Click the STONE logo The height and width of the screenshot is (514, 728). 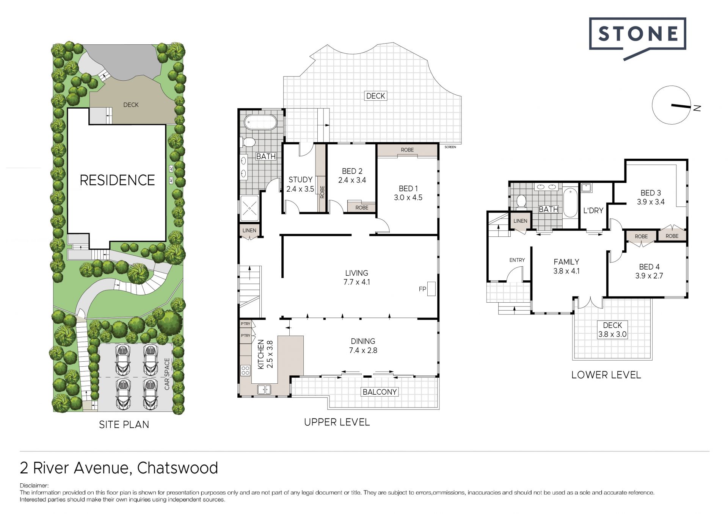pyautogui.click(x=637, y=38)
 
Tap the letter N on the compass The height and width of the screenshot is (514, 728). pyautogui.click(x=697, y=108)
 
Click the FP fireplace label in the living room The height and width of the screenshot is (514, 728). pyautogui.click(x=422, y=289)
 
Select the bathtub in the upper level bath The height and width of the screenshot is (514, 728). pyautogui.click(x=260, y=122)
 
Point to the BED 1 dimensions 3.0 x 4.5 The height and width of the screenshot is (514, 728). pyautogui.click(x=408, y=197)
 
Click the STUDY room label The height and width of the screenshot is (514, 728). pyautogui.click(x=300, y=180)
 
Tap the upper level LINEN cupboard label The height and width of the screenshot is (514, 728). pyautogui.click(x=249, y=230)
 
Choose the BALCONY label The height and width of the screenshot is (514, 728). pyautogui.click(x=380, y=392)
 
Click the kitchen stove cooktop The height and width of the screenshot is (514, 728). pyautogui.click(x=245, y=370)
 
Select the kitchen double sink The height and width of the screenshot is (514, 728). pyautogui.click(x=264, y=389)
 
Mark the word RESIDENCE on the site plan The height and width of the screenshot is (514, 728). pyautogui.click(x=117, y=180)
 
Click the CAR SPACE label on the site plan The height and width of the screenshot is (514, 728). pyautogui.click(x=167, y=374)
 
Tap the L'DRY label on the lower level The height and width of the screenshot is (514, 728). pyautogui.click(x=593, y=211)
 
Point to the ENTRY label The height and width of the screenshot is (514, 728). pyautogui.click(x=517, y=260)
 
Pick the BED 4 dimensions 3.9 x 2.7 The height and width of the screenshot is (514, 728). pyautogui.click(x=649, y=276)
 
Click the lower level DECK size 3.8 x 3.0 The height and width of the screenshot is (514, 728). pyautogui.click(x=612, y=334)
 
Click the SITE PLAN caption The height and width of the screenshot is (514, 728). pyautogui.click(x=124, y=425)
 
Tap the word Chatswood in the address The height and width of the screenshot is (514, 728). pyautogui.click(x=177, y=468)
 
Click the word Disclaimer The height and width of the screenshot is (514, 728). pyautogui.click(x=34, y=486)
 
